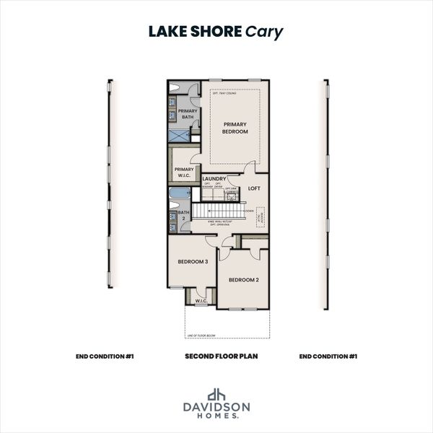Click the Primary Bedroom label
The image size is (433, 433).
tap(235, 128)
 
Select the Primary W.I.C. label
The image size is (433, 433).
tap(184, 172)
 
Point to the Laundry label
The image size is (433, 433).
tap(214, 178)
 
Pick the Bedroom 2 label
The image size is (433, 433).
tap(242, 279)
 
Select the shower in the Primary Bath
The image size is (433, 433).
tap(179, 134)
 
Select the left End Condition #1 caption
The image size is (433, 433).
tap(105, 357)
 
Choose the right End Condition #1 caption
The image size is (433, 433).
tap(328, 357)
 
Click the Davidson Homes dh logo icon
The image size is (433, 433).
tap(216, 395)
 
